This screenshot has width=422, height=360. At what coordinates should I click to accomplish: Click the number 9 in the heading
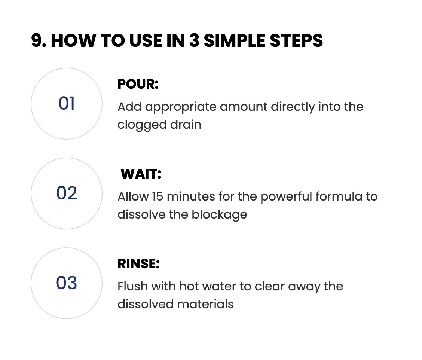click(37, 40)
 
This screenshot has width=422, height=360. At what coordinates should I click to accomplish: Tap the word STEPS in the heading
click(296, 40)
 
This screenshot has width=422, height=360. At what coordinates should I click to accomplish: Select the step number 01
click(67, 103)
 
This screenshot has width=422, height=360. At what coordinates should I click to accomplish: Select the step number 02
click(67, 193)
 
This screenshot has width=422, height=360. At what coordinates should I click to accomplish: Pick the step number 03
click(67, 283)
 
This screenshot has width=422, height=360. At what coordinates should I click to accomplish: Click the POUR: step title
click(138, 84)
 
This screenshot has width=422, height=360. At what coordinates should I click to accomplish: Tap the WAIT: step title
click(141, 174)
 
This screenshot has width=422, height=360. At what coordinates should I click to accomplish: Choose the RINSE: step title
click(138, 263)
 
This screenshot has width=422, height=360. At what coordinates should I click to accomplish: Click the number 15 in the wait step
click(158, 196)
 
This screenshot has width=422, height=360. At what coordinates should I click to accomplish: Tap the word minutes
click(191, 196)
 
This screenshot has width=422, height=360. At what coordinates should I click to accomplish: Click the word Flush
click(132, 286)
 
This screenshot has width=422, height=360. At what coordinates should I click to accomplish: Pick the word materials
click(205, 304)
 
